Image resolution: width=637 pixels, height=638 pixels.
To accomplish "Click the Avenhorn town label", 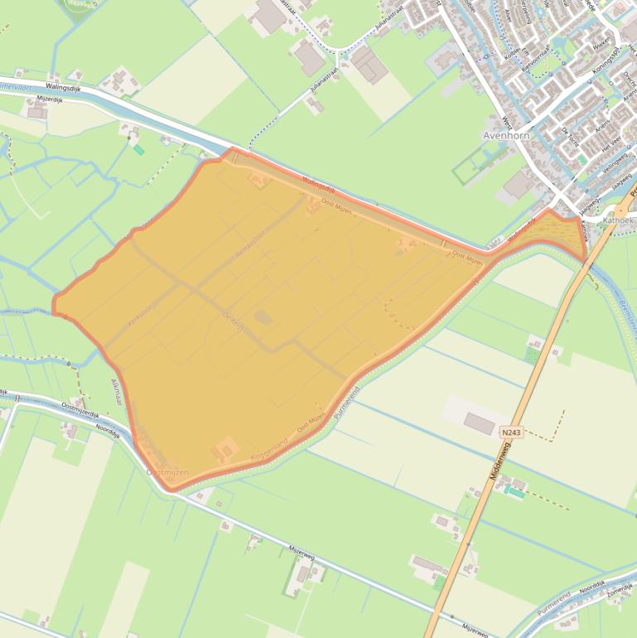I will pos(505,135).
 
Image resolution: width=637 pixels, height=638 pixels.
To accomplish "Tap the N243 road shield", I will pos(511,433).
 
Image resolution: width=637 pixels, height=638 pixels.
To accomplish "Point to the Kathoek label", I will pos(618,221).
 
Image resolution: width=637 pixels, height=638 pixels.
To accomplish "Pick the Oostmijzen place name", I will pos(167,471).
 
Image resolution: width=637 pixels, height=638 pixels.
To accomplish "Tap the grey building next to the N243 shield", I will pos(480,423).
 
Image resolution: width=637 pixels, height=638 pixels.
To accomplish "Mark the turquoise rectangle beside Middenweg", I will pos(515,492).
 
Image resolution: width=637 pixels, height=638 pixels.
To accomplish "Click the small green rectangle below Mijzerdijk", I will pos(139,150).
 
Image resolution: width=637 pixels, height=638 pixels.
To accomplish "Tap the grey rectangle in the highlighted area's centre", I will pos(262,317).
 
